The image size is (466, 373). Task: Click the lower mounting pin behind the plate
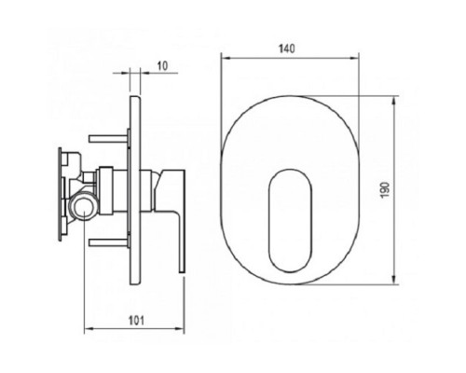(107, 241)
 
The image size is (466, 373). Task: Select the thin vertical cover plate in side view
(136, 186)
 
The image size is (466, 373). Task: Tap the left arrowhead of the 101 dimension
(89, 331)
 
